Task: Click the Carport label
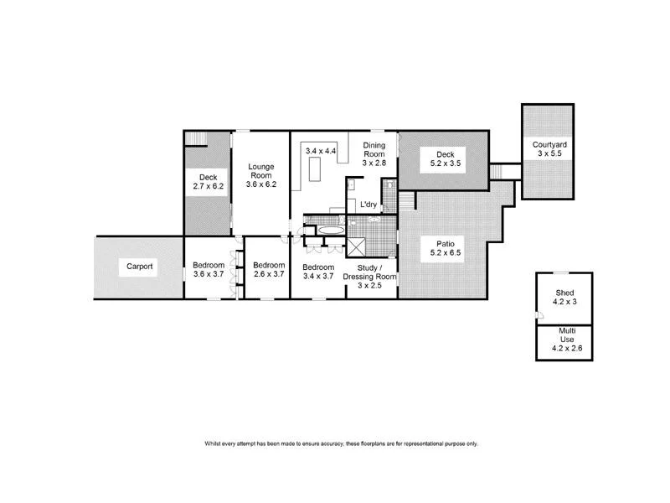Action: point(139,267)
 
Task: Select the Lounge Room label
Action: point(261,175)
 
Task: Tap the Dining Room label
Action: point(374,153)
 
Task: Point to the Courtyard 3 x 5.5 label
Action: point(548,149)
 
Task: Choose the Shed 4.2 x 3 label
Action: point(564,298)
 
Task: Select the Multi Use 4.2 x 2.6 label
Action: point(564,339)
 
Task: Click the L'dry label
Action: point(368,205)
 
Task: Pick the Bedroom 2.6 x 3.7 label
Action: point(269,269)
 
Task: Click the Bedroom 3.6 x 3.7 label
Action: point(209,269)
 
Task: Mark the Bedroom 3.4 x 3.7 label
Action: point(318,269)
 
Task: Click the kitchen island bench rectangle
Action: point(314,171)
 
